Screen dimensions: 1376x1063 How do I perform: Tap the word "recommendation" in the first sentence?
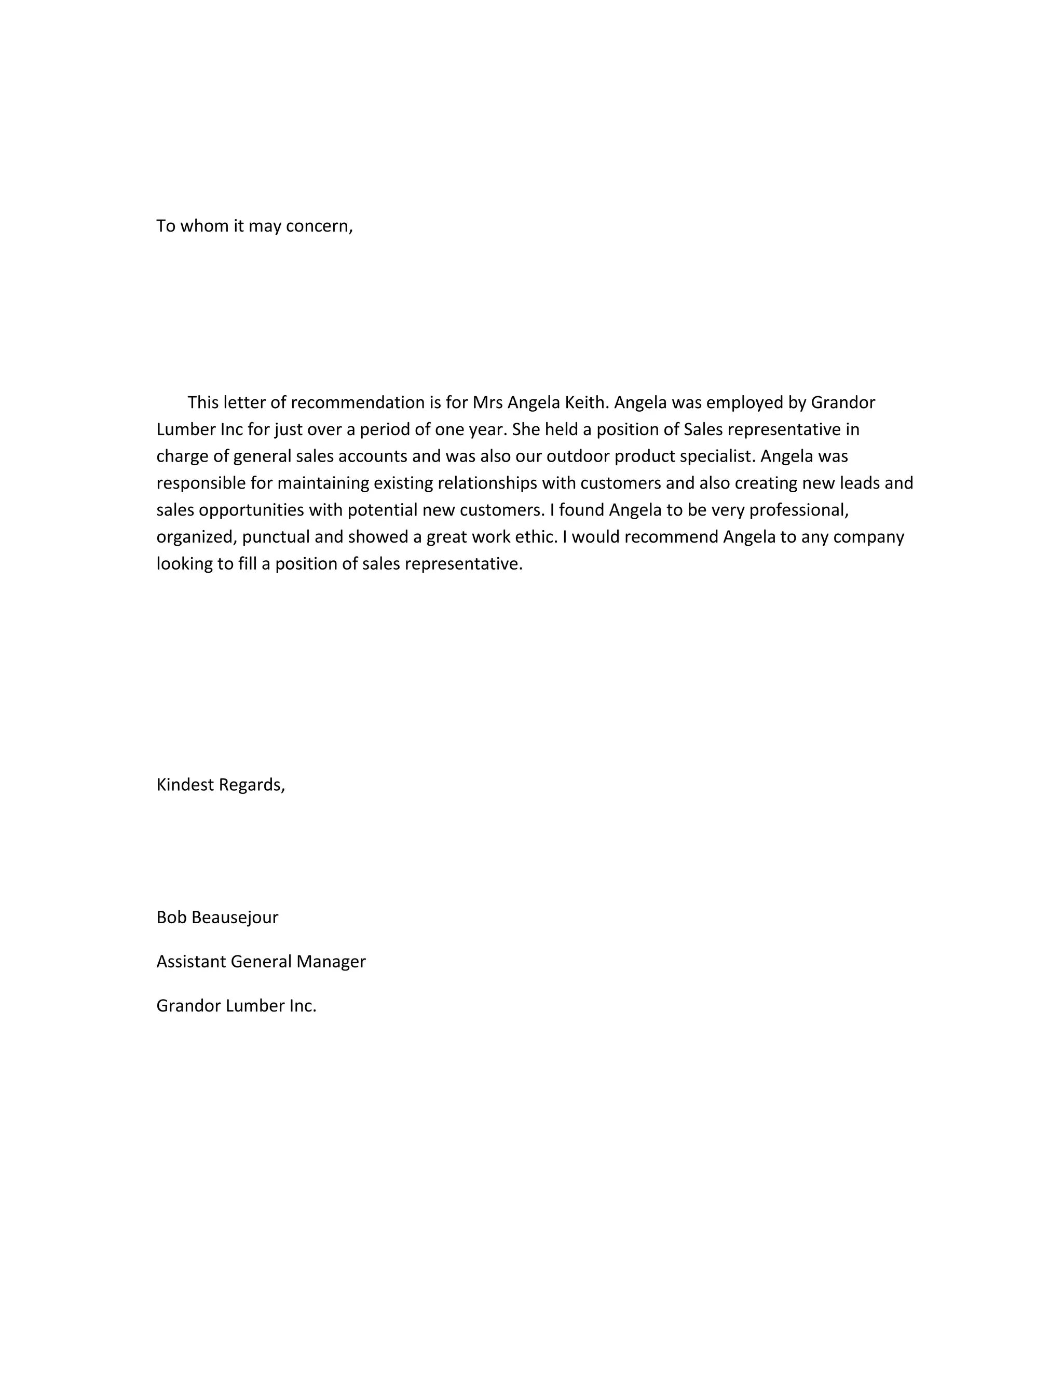(358, 402)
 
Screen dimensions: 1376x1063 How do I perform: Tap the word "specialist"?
(717, 456)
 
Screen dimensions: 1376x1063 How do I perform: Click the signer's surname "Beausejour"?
(234, 918)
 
